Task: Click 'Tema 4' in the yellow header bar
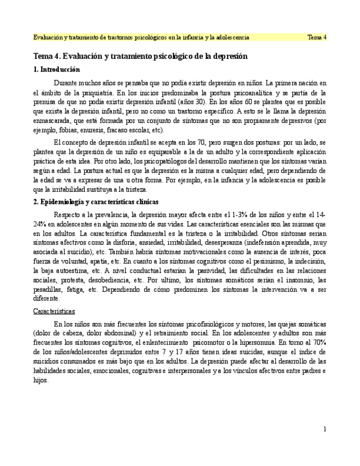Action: tap(317, 37)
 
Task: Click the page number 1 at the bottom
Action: tap(325, 429)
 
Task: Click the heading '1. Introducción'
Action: tap(56, 70)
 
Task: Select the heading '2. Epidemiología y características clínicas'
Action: tap(96, 202)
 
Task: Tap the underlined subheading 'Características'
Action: tap(54, 311)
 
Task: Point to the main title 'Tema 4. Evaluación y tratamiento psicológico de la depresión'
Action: tap(140, 56)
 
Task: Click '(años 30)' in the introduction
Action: tap(194, 102)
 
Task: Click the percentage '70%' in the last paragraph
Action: tap(319, 342)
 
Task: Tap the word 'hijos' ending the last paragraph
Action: tap(41, 380)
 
